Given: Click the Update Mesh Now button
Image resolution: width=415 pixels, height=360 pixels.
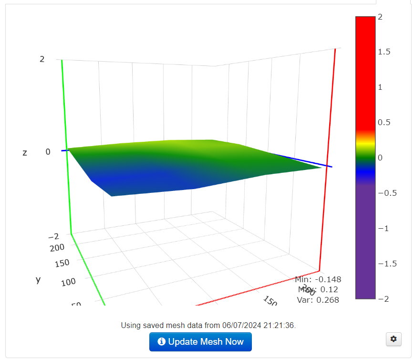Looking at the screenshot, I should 200,342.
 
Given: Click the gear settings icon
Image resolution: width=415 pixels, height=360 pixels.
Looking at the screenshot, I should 394,339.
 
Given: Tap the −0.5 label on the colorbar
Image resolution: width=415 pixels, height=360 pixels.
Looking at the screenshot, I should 386,193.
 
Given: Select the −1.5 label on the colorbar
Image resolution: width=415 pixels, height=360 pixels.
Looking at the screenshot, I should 386,264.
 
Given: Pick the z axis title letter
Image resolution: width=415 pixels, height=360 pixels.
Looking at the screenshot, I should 25,153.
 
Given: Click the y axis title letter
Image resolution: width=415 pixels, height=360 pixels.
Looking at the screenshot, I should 38,280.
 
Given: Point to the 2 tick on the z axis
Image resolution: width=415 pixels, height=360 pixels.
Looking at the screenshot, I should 42,59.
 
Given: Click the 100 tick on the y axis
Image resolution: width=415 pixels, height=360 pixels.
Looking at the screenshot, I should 69,282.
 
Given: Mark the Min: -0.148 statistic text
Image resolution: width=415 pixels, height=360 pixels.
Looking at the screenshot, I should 318,279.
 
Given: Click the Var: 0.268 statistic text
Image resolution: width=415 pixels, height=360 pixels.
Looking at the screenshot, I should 318,300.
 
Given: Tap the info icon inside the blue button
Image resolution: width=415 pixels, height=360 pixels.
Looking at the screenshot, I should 162,342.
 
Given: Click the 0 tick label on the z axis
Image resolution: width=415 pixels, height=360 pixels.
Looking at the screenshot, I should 48,152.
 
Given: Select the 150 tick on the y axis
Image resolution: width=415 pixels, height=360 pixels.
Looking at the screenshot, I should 62,263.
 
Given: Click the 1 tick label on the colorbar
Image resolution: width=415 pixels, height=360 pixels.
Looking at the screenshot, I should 380,87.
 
